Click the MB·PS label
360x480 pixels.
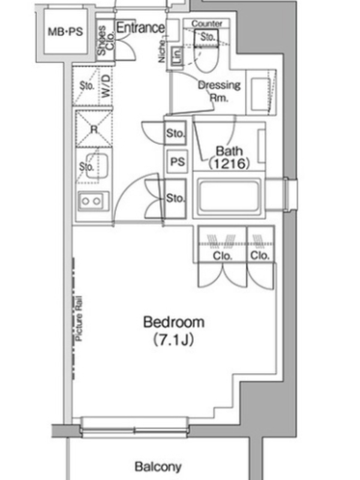click(65, 32)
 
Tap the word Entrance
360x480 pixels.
click(140, 28)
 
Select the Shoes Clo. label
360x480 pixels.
click(105, 40)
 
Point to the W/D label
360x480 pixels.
click(106, 86)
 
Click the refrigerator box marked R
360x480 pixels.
click(94, 128)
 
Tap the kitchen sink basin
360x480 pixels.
click(97, 166)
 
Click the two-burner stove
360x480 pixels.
click(94, 201)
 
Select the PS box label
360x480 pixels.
click(178, 161)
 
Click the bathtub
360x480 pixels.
click(229, 196)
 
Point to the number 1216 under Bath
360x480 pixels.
click(229, 164)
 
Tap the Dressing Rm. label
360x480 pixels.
click(219, 91)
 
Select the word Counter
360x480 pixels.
click(206, 23)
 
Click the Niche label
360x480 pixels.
click(161, 52)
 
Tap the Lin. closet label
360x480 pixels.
click(177, 56)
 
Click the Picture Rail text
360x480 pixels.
click(79, 319)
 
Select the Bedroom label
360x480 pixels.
click(173, 322)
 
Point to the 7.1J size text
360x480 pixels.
click(173, 340)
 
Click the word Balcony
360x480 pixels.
click(158, 467)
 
